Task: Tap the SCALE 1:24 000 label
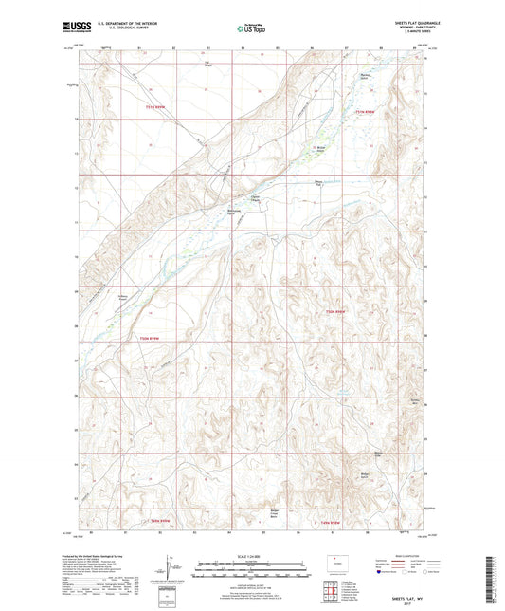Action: pyautogui.click(x=252, y=555)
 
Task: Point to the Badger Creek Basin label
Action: pyautogui.click(x=276, y=517)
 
